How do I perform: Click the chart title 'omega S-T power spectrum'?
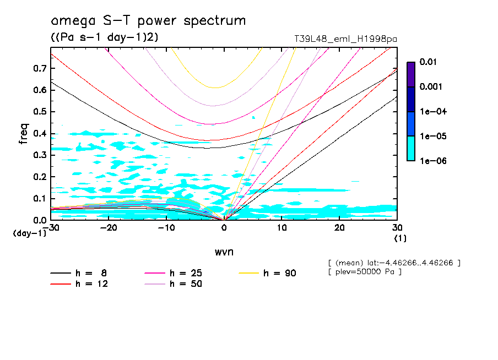148,21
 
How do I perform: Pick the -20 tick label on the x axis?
109,228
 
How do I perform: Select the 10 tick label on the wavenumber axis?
282,228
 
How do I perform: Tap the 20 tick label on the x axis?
339,228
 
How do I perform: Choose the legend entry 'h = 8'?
82,273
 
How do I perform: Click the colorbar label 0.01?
428,62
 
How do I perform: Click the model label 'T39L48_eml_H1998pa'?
346,39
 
